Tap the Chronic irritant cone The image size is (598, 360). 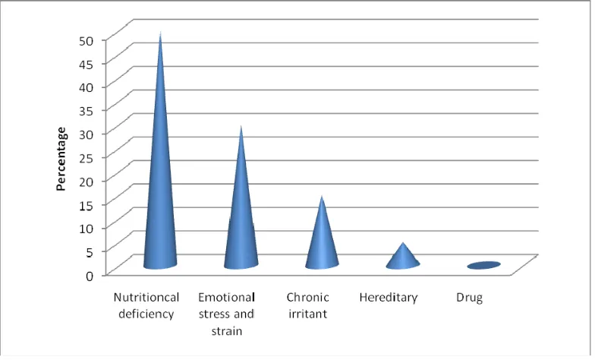pyautogui.click(x=322, y=245)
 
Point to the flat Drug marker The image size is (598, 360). pyautogui.click(x=483, y=265)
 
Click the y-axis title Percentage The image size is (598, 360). pyautogui.click(x=61, y=159)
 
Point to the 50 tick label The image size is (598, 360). pyautogui.click(x=86, y=40)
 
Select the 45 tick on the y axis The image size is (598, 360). pyautogui.click(x=86, y=64)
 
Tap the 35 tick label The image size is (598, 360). pyautogui.click(x=86, y=111)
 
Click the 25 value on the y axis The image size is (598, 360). pyautogui.click(x=86, y=158)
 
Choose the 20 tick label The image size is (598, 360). pyautogui.click(x=86, y=182)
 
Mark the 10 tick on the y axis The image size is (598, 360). pyautogui.click(x=86, y=229)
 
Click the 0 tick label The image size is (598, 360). pyautogui.click(x=90, y=275)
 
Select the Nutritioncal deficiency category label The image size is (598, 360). pyautogui.click(x=146, y=305)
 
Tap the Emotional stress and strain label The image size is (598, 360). pyautogui.click(x=227, y=314)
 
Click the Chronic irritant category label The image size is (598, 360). pyautogui.click(x=307, y=305)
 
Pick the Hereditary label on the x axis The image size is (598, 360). pyautogui.click(x=389, y=298)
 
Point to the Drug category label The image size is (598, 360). pyautogui.click(x=469, y=298)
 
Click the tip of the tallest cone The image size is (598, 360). pyautogui.click(x=161, y=33)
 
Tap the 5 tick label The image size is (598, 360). pyautogui.click(x=90, y=252)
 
